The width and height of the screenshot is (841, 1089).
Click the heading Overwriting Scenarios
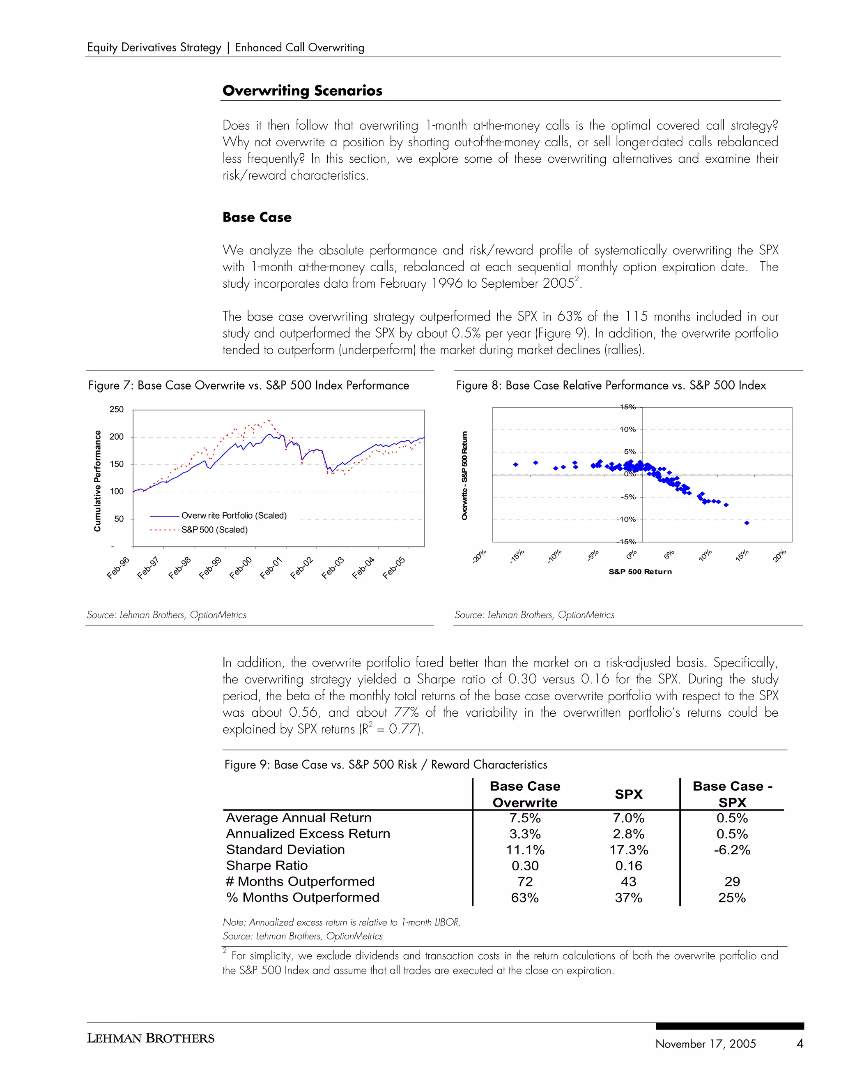click(302, 91)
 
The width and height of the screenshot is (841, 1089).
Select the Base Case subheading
click(257, 217)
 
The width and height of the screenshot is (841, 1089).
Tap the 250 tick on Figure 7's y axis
click(117, 409)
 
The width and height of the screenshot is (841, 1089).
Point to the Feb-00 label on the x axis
click(241, 568)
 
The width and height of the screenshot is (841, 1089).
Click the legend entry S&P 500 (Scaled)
click(214, 530)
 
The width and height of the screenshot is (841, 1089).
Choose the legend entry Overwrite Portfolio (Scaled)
click(234, 516)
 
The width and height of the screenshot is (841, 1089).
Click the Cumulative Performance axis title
click(98, 481)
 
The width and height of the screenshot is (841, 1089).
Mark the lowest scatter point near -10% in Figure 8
click(746, 523)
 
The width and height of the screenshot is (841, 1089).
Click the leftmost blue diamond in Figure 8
click(516, 464)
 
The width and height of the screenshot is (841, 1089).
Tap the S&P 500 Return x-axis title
click(640, 572)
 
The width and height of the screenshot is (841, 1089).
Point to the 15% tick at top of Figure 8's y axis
click(628, 407)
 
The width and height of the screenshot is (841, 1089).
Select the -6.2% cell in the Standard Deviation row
click(731, 850)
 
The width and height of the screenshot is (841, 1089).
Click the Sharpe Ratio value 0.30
click(525, 865)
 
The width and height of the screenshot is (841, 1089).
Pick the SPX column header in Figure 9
click(628, 794)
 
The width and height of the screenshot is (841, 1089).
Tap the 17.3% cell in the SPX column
click(628, 850)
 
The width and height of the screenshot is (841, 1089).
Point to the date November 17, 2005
click(705, 1044)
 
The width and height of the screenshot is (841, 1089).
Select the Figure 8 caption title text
click(611, 385)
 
